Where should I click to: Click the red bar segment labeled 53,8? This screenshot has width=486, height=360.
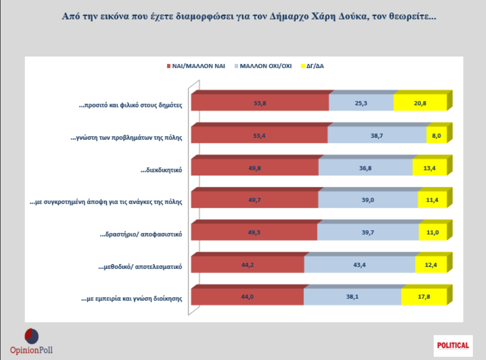click(x=260, y=103)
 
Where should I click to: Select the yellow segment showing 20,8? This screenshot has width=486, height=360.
click(x=420, y=103)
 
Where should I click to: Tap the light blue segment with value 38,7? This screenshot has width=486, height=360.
click(x=377, y=135)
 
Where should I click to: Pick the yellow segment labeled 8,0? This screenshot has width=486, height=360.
click(x=436, y=135)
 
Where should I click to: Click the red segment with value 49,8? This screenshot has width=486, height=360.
click(x=255, y=167)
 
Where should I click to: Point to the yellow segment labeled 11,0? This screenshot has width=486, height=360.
click(x=433, y=232)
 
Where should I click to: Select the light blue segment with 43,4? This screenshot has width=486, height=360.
click(x=359, y=264)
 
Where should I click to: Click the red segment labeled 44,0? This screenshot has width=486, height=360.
click(x=247, y=297)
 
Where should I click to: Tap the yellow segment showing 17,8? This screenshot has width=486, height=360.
click(x=424, y=297)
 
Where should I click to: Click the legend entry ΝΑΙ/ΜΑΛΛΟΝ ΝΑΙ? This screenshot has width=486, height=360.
click(x=196, y=66)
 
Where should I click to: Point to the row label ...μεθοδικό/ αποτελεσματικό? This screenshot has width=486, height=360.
click(x=140, y=266)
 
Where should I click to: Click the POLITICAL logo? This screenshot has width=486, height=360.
click(x=453, y=345)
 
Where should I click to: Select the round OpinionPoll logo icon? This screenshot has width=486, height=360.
click(x=32, y=335)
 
